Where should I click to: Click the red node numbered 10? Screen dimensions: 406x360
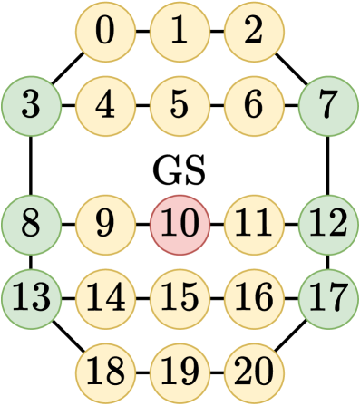pos(180,221)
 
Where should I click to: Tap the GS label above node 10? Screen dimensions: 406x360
pos(179,170)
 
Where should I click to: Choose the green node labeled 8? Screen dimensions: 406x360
pos(31,221)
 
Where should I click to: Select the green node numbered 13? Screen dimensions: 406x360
pos(31,295)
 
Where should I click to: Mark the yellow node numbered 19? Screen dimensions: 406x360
pos(180,370)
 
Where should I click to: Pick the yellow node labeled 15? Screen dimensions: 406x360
pos(180,295)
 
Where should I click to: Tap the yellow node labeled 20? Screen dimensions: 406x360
pos(254,370)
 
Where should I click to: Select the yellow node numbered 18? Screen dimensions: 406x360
pos(105,370)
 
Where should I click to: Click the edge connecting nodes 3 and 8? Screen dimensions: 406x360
pos(31,163)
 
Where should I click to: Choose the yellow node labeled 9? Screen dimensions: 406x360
pos(105,221)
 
